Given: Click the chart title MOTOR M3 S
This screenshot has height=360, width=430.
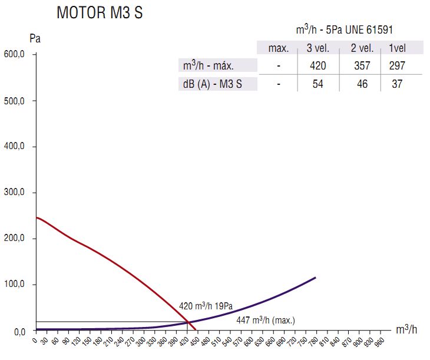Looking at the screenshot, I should tap(99, 13).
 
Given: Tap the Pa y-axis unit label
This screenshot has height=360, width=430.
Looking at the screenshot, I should tap(35, 39).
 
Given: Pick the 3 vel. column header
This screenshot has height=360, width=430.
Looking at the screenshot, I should tap(317, 48).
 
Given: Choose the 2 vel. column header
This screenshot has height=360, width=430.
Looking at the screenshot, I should tap(362, 48).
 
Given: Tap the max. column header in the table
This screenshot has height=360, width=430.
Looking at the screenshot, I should tap(279, 48).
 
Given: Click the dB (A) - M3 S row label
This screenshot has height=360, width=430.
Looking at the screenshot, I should tap(213, 84).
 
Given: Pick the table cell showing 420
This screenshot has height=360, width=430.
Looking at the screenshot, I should tap(317, 65).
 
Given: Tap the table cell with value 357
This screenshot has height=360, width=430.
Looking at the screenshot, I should tap(362, 65).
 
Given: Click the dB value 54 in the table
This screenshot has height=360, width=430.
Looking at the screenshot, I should tap(317, 84).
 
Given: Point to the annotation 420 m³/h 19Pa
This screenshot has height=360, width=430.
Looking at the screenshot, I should tap(206, 306).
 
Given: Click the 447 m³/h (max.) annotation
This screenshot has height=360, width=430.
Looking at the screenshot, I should tap(265, 321).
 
